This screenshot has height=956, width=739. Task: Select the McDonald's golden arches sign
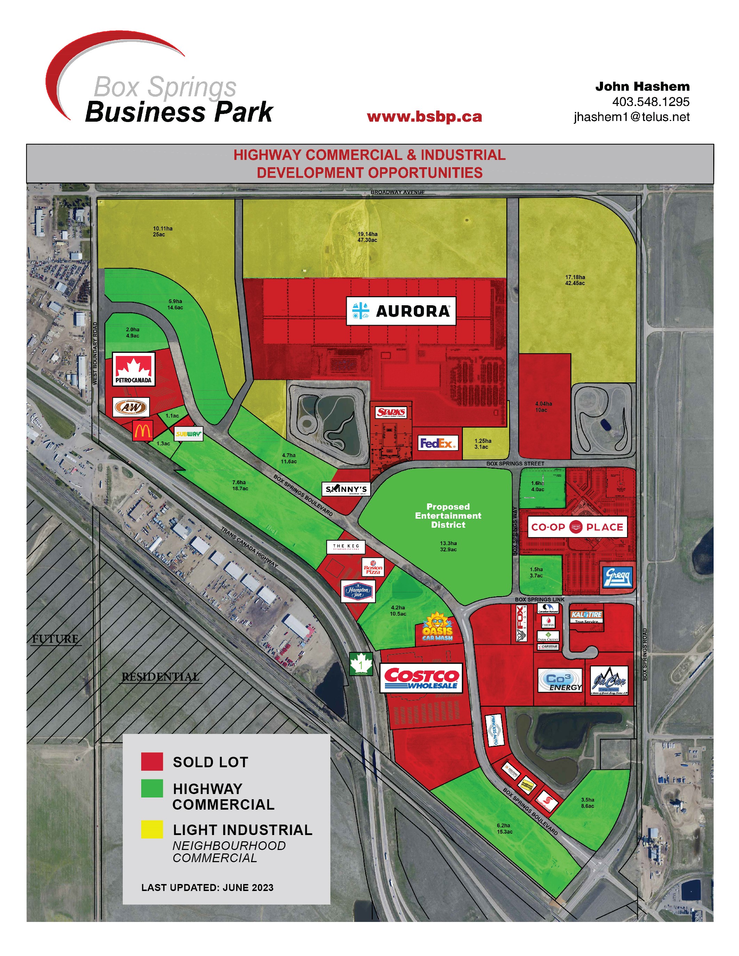pos(142,431)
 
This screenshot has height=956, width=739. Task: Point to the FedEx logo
pos(438,444)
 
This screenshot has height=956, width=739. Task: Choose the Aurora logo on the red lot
pos(401,311)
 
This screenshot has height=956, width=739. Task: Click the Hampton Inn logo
pos(358,591)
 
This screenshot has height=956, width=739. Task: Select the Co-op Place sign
pos(577,527)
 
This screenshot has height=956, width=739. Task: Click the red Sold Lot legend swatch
pos(152,762)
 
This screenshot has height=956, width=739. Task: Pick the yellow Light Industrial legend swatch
pos(152,829)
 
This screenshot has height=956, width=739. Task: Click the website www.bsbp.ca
pos(424,117)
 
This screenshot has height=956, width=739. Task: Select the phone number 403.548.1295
pos(651,102)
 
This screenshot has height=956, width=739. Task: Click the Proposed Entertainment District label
pos(448,516)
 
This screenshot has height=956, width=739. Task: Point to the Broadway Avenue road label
pos(397,192)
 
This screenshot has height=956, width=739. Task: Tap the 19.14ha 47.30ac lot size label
pos(367,237)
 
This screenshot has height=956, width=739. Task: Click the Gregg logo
pos(617,577)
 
